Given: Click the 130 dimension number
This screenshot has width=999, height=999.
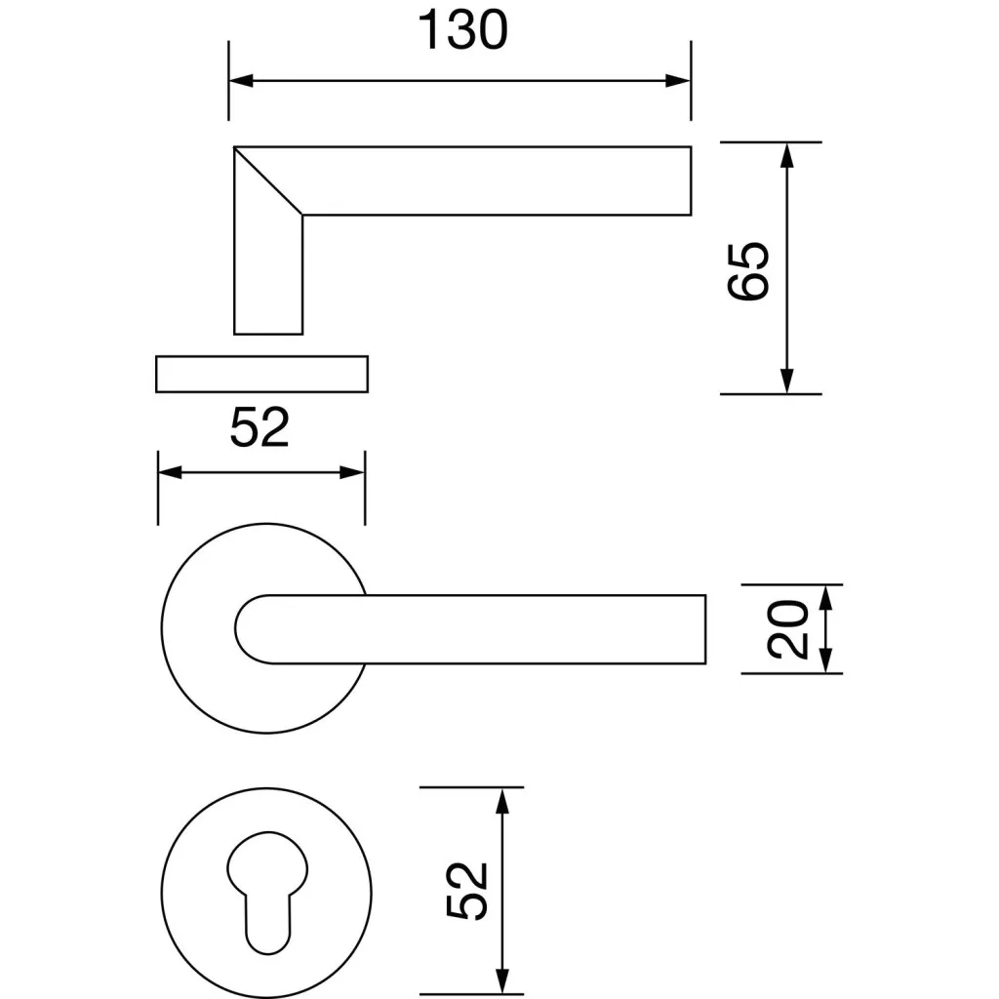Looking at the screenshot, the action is pos(462,29).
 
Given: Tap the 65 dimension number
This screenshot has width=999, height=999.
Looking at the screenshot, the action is pos(748,271).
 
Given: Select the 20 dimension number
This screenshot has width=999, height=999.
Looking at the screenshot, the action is pos(787,629).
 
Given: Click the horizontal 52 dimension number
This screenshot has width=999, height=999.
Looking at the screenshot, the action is pos(260,426).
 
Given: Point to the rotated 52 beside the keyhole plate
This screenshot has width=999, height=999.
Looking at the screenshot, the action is pos(467,891).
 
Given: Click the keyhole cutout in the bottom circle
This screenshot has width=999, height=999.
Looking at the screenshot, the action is pos(267,893).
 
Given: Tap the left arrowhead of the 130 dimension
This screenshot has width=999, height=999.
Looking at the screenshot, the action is pos(241,81).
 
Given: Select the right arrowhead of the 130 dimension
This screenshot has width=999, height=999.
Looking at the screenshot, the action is pos(678,81).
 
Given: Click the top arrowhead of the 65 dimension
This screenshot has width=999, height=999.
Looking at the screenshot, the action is pos(787,155).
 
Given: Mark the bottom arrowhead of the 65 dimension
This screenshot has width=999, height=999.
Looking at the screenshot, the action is pos(787,381).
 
